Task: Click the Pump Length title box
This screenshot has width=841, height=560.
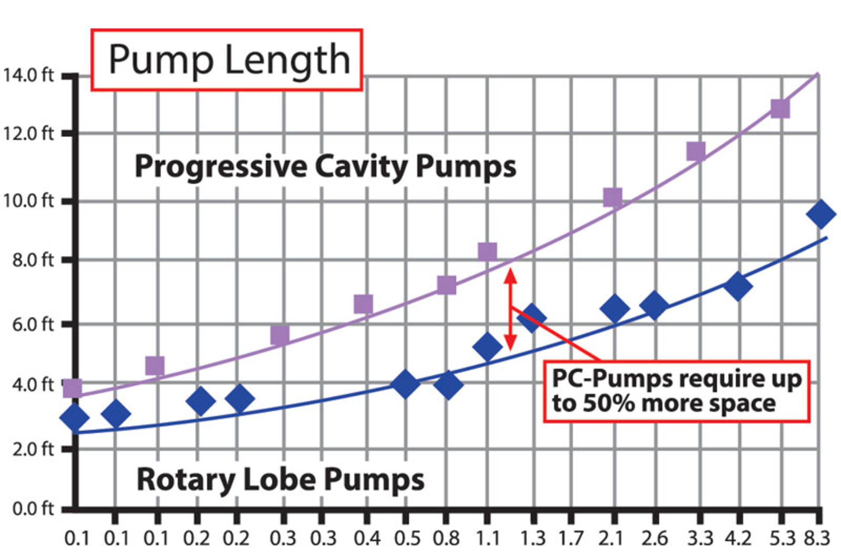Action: coord(226,60)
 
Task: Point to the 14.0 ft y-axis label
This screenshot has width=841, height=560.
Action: coord(28,75)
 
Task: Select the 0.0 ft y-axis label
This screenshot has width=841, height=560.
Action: coord(33,509)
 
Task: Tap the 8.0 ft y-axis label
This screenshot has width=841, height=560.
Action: coord(33,260)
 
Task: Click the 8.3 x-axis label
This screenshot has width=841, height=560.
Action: coord(817,538)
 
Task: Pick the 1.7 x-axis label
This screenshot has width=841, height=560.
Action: coord(571,538)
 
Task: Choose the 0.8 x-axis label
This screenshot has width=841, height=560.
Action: coord(446,538)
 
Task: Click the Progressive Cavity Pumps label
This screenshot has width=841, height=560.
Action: coord(325,167)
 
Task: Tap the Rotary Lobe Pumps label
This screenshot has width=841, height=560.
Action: coord(280,479)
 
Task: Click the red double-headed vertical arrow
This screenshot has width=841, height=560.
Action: coord(510,309)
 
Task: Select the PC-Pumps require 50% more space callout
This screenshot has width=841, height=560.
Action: coord(677,391)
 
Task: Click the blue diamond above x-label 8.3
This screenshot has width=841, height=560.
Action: coord(820,214)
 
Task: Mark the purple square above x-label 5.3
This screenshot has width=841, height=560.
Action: coord(780,108)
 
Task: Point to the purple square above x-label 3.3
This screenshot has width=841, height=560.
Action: coord(696,151)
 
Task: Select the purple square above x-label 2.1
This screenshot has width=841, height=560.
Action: coord(612,197)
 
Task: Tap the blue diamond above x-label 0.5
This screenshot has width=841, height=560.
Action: coord(405,384)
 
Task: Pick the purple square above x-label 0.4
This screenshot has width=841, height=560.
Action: coord(364,303)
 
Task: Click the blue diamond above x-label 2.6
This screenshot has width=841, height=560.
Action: coord(654,305)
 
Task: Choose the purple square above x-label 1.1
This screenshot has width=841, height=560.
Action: coord(488,252)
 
